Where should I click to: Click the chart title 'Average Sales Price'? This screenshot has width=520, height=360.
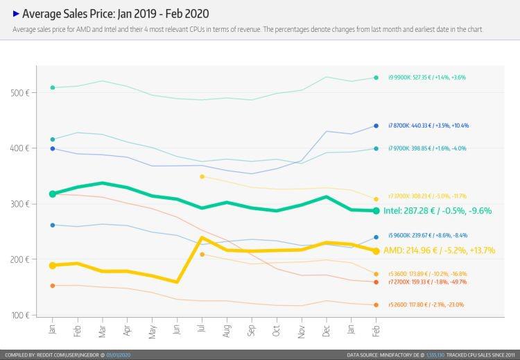click(116, 14)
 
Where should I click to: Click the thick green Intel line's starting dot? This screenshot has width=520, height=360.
click(53, 194)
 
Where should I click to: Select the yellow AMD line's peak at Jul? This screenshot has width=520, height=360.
click(202, 238)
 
